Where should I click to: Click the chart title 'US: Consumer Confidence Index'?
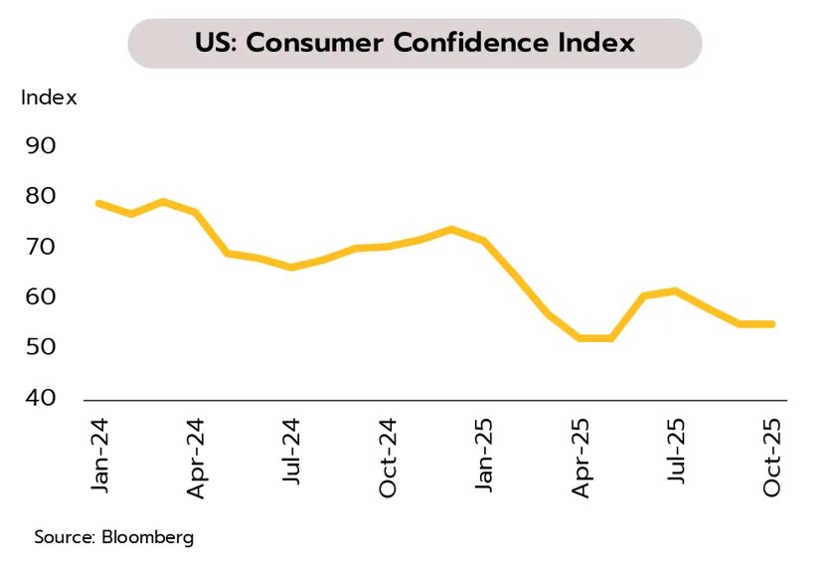point(414,44)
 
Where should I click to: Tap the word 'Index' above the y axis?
point(49,97)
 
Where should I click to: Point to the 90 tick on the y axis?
point(40,145)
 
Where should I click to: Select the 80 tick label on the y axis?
point(40,196)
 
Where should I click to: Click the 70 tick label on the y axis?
point(40,247)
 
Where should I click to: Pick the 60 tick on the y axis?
point(40,297)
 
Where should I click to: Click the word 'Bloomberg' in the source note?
point(147,537)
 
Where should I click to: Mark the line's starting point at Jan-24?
point(98,203)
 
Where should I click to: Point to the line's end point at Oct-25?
point(772,323)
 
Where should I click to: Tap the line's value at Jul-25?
point(676,290)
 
